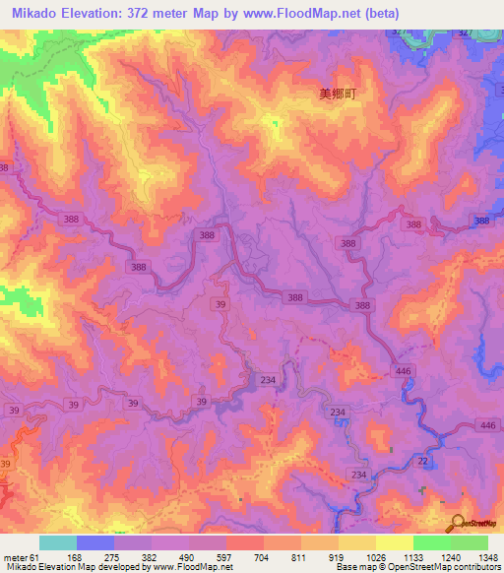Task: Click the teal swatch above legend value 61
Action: [58, 542]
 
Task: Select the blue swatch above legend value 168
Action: [95, 542]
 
